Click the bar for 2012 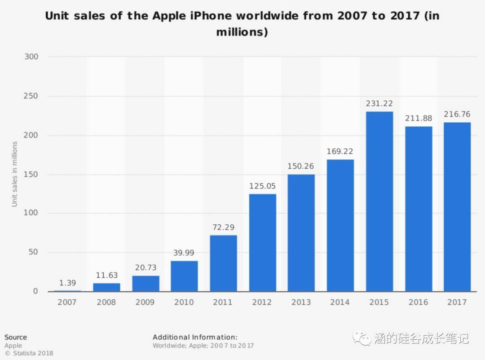262,243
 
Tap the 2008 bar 106,287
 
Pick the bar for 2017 457,207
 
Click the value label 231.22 379,104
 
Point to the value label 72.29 223,227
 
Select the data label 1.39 67,283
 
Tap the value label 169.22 340,151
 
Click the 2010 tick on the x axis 184,302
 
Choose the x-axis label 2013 301,302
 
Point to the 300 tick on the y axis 31,57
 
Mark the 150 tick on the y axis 31,174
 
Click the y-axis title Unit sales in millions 15,174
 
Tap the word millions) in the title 242,32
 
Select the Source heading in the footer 16,337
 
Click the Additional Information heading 195,337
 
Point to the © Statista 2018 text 29,353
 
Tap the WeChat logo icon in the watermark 362,338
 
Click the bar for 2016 418,209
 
